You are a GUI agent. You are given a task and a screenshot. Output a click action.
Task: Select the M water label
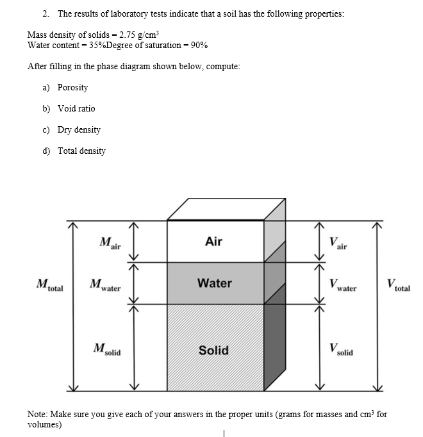coord(106,285)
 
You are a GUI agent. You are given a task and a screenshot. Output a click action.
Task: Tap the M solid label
coord(106,350)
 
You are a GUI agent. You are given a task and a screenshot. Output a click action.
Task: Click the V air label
coord(338,243)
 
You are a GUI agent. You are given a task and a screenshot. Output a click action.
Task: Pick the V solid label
coord(340,350)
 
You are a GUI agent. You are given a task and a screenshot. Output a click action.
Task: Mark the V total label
coord(398,284)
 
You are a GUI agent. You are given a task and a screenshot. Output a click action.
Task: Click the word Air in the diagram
coord(213,242)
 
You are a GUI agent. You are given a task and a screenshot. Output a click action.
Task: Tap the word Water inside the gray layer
coord(215,283)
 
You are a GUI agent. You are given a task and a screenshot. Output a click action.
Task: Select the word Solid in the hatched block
coord(213,350)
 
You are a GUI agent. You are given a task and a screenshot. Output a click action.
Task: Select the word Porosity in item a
coord(72,87)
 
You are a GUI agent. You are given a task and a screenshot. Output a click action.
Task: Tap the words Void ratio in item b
coord(76,108)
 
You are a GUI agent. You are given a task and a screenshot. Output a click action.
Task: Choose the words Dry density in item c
coord(79,129)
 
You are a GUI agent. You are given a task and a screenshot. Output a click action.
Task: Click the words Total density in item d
coord(81,151)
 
